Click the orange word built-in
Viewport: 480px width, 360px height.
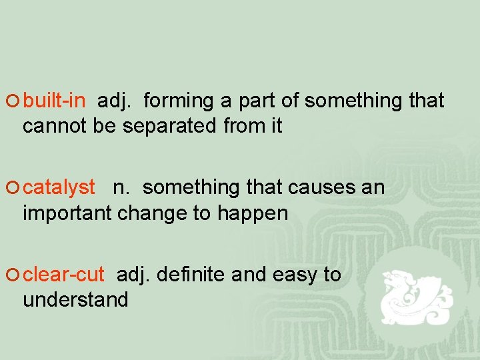(x=54, y=101)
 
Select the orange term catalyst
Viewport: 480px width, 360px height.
(x=59, y=188)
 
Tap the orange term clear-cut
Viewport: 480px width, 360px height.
(x=63, y=275)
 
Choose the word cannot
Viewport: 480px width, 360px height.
(x=55, y=126)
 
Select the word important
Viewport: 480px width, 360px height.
(x=67, y=213)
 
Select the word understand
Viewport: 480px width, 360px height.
(x=75, y=300)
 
